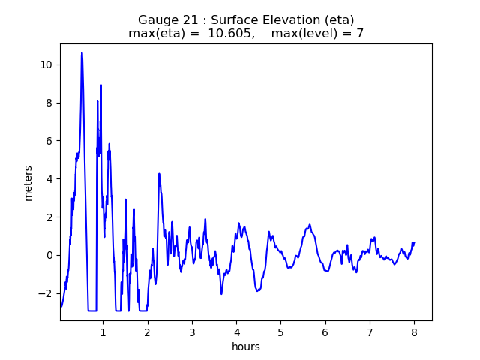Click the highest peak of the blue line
pyautogui.click(x=82, y=53)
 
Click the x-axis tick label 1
pyautogui.click(x=103, y=331)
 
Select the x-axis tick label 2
pyautogui.click(x=147, y=331)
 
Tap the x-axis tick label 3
pyautogui.click(x=192, y=331)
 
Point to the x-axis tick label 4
pyautogui.click(x=236, y=331)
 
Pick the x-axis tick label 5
pyautogui.click(x=280, y=331)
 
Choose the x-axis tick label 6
pyautogui.click(x=325, y=331)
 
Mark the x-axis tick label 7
pyautogui.click(x=370, y=331)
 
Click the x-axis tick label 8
pyautogui.click(x=414, y=331)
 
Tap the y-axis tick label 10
pyautogui.click(x=46, y=64)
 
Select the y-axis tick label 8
pyautogui.click(x=49, y=103)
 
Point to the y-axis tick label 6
pyautogui.click(x=49, y=141)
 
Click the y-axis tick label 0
pyautogui.click(x=49, y=255)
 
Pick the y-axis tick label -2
pyautogui.click(x=46, y=293)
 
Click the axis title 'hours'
pyautogui.click(x=246, y=346)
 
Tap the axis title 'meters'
pyautogui.click(x=28, y=183)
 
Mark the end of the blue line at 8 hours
pyautogui.click(x=414, y=242)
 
